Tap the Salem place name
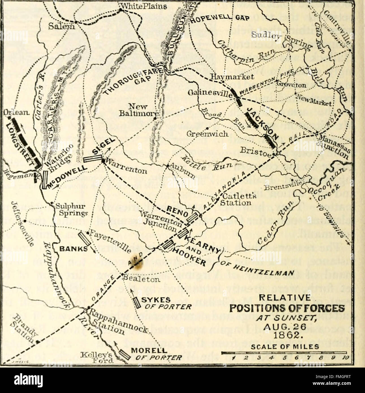click(x=61, y=26)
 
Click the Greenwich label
click(x=207, y=133)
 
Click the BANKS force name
click(x=73, y=249)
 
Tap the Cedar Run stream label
click(x=271, y=226)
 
